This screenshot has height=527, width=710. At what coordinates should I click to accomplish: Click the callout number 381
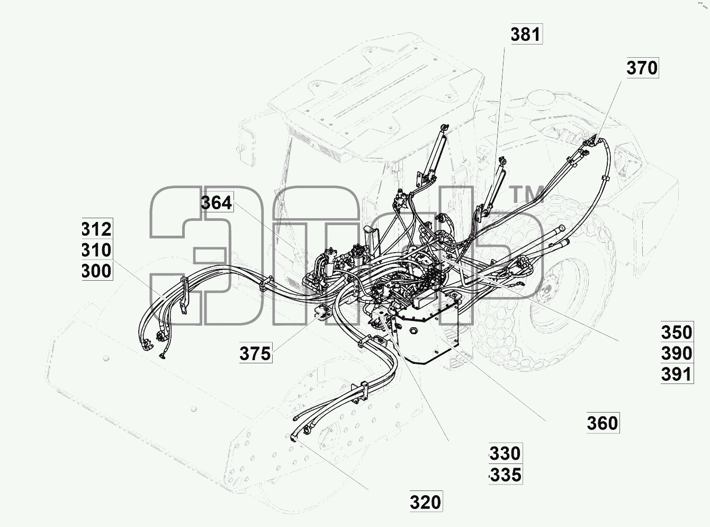[526, 34]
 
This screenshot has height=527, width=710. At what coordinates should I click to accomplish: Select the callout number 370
[642, 68]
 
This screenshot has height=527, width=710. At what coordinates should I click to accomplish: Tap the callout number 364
[217, 203]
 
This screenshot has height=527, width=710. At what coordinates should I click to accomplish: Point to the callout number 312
[97, 229]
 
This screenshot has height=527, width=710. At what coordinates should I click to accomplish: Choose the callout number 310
[97, 250]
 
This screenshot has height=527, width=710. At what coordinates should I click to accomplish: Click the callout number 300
[97, 271]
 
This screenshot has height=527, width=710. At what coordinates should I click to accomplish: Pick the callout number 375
[255, 354]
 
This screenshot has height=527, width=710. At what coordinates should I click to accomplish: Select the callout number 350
[677, 332]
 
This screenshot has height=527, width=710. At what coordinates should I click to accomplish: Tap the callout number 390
[677, 353]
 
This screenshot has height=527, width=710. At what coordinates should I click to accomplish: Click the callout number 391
[677, 374]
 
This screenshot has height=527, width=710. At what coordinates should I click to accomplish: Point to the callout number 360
[603, 423]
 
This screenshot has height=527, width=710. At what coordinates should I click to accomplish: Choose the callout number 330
[506, 453]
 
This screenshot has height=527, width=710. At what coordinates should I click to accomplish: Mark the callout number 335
[506, 475]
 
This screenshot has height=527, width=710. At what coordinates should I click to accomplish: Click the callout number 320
[426, 502]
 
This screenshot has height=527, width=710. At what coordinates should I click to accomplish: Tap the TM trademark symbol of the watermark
[528, 194]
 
